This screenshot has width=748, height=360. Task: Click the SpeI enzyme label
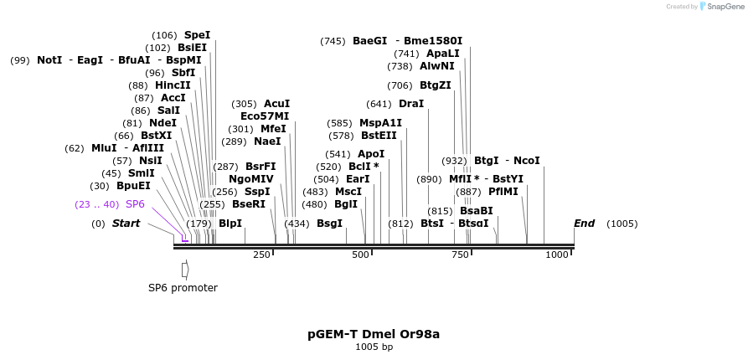pos(197,35)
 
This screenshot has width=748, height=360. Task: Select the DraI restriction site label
pos(411,104)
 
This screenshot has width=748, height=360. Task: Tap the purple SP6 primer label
pos(135,204)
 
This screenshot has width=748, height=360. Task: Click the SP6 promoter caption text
pos(183,288)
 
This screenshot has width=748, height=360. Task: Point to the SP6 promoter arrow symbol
pos(185,270)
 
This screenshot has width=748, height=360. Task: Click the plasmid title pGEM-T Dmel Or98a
pos(374,334)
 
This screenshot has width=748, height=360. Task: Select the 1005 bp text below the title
pos(374,347)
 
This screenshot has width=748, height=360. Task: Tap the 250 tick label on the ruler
pos(261,255)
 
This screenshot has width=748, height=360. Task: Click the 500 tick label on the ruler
pos(360,255)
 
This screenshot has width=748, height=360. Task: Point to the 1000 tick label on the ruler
pos(557,255)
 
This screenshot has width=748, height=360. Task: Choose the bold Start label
pos(126,224)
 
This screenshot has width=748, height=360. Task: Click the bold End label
pos(584,224)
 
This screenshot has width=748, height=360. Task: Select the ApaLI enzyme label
pos(443,54)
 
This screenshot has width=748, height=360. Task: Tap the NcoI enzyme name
pos(526,161)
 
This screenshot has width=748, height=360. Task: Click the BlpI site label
pos(230,224)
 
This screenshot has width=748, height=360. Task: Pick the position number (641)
pos(379,104)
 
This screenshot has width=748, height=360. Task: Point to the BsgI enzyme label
pos(329,224)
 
